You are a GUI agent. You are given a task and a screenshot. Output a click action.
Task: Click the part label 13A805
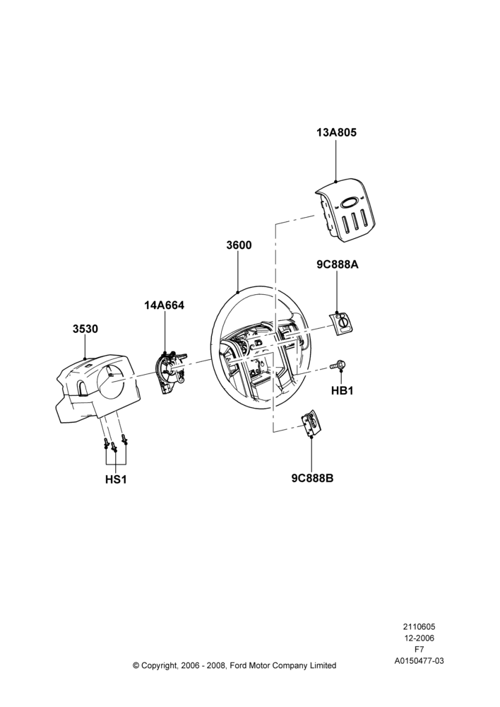[336, 133]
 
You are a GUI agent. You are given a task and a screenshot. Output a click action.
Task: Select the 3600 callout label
[239, 245]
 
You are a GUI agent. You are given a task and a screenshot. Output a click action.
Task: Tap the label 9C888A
[338, 264]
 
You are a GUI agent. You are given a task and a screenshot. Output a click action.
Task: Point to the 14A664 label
[164, 305]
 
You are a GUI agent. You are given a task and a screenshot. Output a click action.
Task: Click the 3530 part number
[85, 329]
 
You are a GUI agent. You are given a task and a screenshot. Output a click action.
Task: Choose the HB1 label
[343, 391]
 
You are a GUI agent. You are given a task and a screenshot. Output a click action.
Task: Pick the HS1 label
[116, 479]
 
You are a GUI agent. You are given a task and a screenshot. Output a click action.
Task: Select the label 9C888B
[312, 478]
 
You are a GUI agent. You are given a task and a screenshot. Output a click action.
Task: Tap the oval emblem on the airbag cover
[350, 204]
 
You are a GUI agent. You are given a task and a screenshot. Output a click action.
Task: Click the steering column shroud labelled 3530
[95, 388]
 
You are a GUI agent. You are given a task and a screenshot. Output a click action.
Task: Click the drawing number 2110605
[419, 626]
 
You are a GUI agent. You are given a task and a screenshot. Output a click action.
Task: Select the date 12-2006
[419, 638]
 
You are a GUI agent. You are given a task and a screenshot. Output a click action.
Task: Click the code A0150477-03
[419, 660]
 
